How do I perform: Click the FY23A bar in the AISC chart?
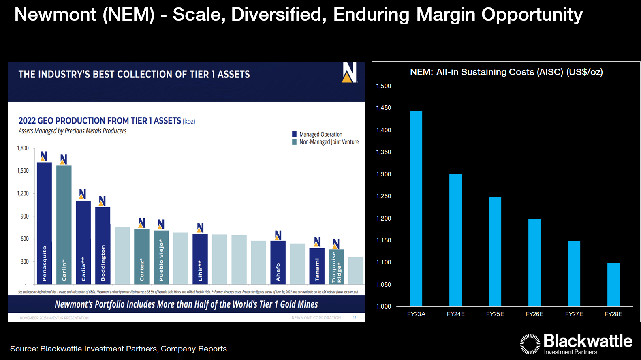click(416, 208)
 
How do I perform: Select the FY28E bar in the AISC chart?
click(613, 284)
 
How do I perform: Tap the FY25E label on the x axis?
click(495, 314)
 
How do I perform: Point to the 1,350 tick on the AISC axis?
click(384, 152)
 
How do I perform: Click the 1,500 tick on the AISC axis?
click(384, 86)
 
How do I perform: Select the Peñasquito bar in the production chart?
click(44, 223)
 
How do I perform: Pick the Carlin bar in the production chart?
click(64, 225)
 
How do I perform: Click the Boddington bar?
click(103, 245)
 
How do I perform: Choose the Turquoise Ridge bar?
click(336, 266)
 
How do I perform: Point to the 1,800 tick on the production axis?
click(23, 148)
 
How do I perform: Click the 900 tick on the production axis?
click(25, 216)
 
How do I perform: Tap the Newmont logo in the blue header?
click(349, 73)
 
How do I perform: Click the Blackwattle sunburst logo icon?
click(530, 344)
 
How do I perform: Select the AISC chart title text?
click(506, 72)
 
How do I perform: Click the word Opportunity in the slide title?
click(532, 15)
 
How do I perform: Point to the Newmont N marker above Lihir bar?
click(200, 227)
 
